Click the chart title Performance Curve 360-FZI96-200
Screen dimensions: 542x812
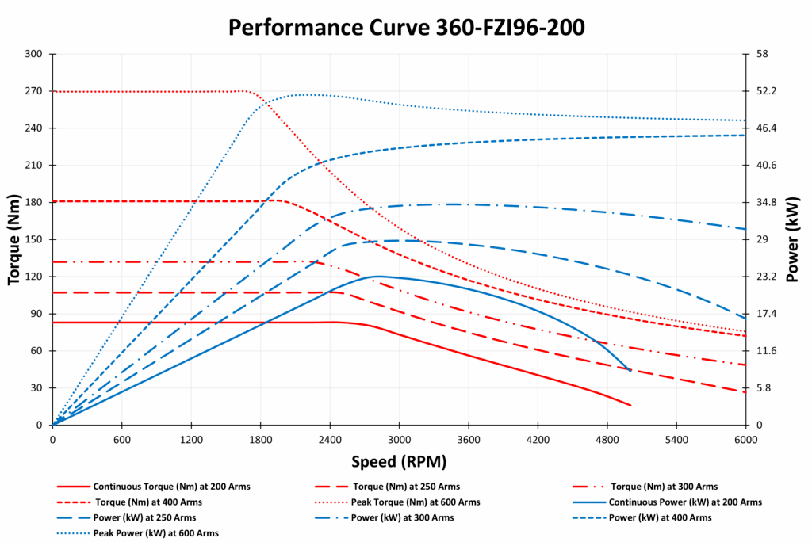tap(406, 27)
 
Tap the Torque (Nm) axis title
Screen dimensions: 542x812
tap(13, 239)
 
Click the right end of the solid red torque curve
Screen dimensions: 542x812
tap(630, 406)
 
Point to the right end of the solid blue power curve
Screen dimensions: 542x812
tap(631, 371)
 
